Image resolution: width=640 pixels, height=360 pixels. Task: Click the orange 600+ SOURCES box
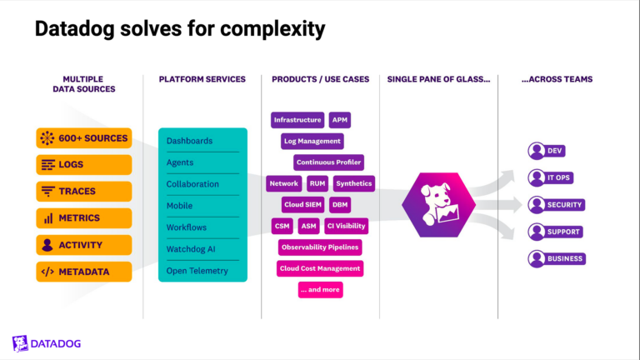coord(84,138)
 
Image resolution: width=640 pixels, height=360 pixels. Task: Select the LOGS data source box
coord(84,165)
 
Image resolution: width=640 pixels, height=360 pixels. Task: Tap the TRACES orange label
coord(84,192)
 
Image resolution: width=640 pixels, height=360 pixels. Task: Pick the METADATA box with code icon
coord(84,272)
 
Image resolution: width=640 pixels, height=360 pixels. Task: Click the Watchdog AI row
coord(202,249)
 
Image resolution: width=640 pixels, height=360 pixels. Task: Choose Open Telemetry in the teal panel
coord(202,271)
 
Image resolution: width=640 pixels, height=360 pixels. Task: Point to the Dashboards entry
coord(202,141)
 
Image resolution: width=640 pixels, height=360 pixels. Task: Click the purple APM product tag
coord(339,120)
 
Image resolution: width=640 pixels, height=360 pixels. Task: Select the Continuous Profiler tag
coord(328,162)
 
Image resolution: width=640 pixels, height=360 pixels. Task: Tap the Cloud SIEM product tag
coord(303,204)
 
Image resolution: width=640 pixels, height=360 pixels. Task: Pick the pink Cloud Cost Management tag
coord(320,268)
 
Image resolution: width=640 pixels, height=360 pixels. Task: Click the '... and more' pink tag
coord(320,290)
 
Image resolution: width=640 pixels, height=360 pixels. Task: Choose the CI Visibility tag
coord(346,226)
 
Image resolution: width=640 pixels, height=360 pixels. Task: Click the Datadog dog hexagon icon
coord(438,205)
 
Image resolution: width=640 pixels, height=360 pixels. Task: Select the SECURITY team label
coord(564,205)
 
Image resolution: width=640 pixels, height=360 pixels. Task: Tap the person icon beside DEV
coord(536,151)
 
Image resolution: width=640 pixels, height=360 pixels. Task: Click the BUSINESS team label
coord(564,259)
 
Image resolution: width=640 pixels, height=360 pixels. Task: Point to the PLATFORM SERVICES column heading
coord(202,79)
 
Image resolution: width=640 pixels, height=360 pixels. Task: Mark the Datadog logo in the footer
coord(47,343)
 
